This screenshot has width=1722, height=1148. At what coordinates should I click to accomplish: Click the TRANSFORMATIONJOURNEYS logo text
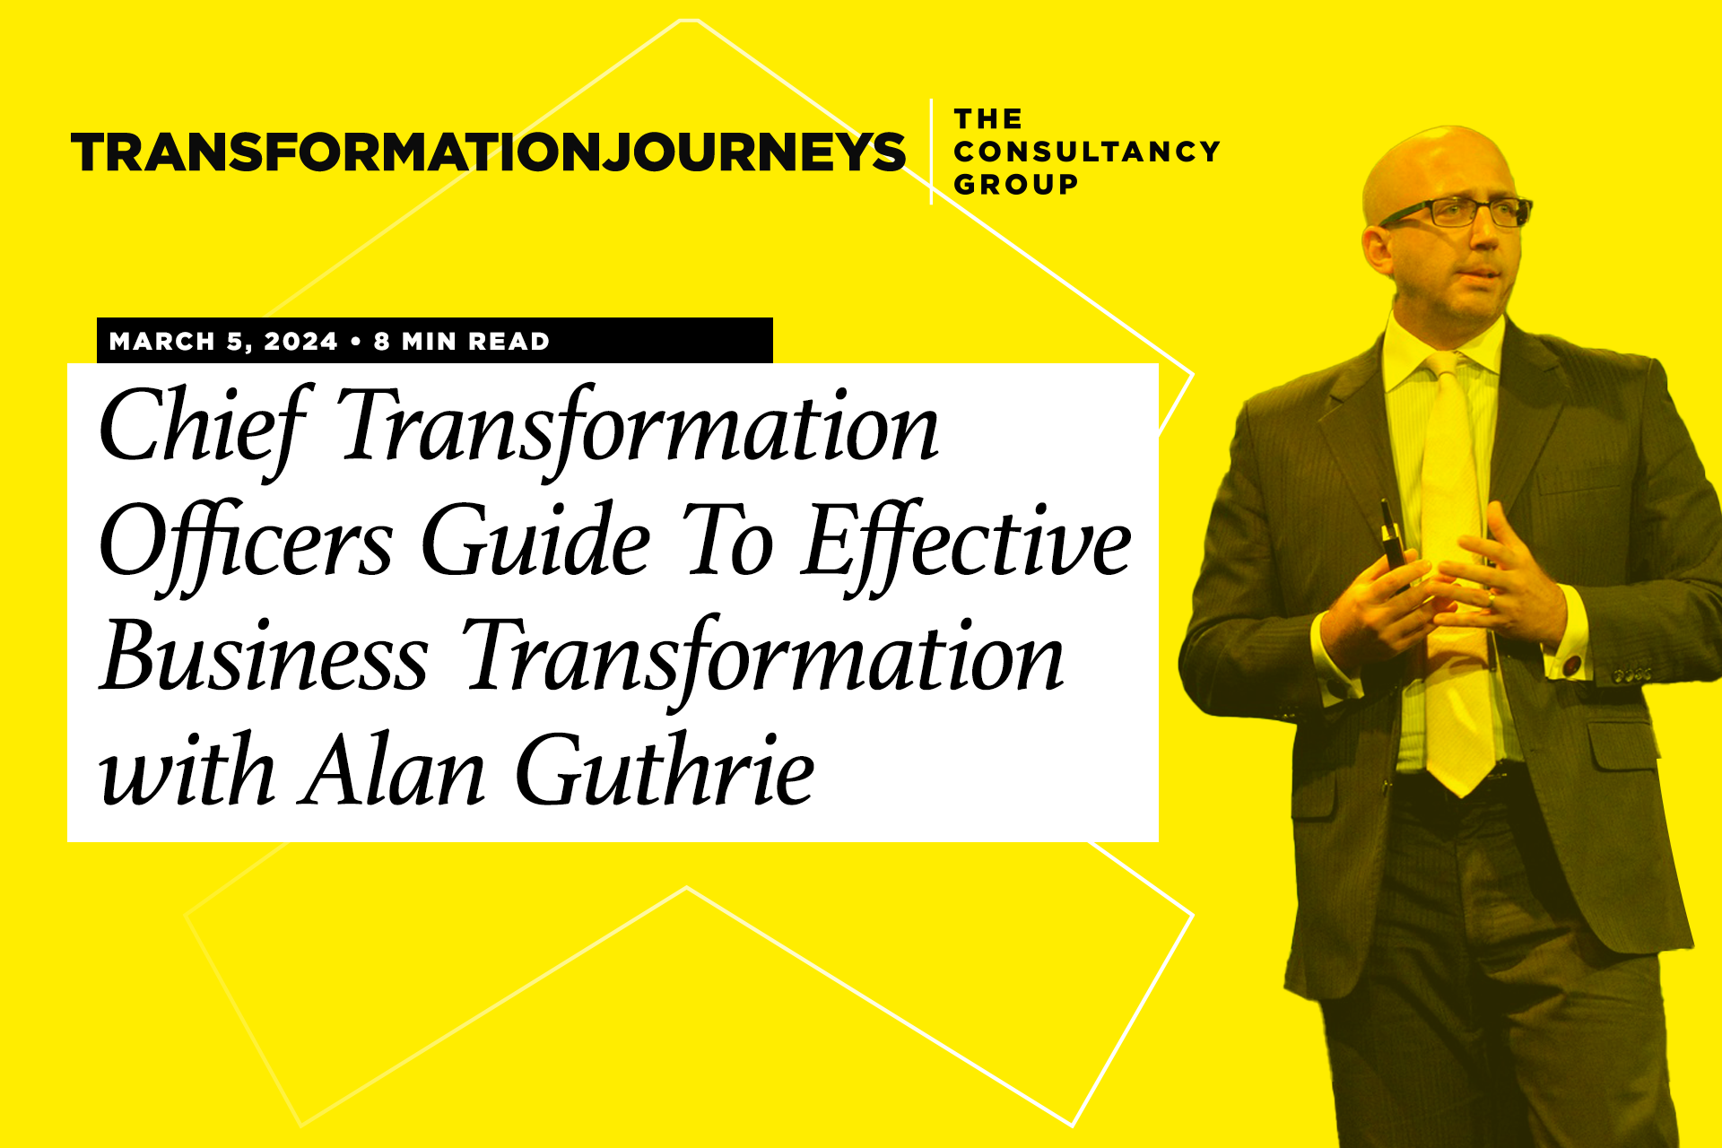pos(488,152)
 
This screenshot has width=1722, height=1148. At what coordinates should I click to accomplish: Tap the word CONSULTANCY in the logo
pos(1086,152)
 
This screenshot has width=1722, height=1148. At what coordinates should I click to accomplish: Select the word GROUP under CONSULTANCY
pos(1015,185)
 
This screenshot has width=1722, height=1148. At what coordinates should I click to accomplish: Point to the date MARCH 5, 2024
pos(223,342)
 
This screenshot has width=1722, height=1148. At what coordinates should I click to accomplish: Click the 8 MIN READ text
pos(462,342)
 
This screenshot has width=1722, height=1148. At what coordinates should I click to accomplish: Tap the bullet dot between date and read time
pos(356,342)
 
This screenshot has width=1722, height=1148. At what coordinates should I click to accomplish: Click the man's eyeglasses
pos(1457,213)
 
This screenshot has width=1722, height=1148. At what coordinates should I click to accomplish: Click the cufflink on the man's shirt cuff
pos(1571,666)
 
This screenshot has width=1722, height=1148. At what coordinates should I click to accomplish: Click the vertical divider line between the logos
pos(931,152)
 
